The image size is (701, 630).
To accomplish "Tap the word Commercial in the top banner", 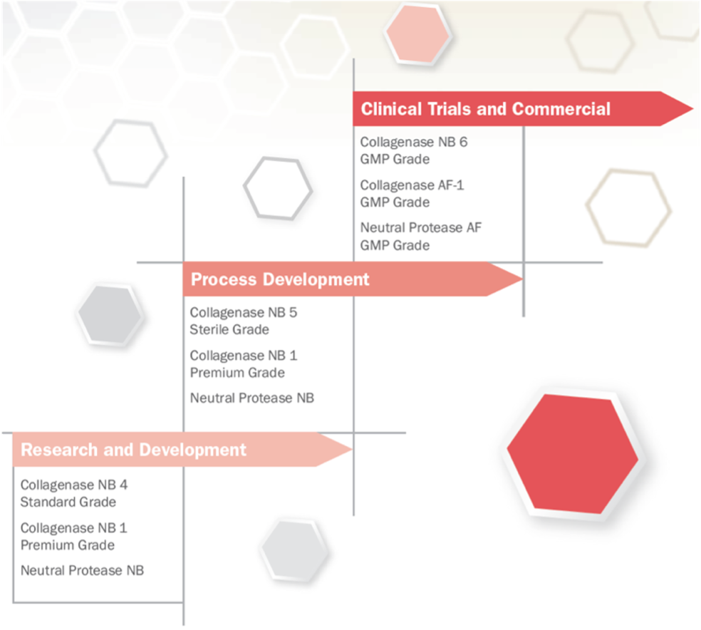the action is click(561, 108).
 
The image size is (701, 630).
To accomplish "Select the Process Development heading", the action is click(280, 279).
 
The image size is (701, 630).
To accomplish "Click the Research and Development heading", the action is click(133, 450).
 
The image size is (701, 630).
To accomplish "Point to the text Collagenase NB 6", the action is click(413, 143).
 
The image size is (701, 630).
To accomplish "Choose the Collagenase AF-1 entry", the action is click(412, 185).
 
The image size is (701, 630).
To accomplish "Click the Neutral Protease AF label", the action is click(421, 227).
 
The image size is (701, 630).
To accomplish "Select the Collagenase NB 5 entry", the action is click(243, 313).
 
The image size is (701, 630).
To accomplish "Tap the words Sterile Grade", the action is click(229, 329).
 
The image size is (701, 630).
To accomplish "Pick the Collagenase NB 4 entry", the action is click(74, 485).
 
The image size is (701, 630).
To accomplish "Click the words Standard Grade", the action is click(68, 502).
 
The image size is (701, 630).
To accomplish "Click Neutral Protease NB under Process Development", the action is click(251, 398).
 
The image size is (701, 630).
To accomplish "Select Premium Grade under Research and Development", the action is click(68, 545).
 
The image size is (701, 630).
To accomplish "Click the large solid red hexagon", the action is click(573, 454).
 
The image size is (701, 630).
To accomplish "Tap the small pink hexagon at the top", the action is click(417, 34).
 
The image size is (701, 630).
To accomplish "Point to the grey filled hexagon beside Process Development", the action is click(110, 315).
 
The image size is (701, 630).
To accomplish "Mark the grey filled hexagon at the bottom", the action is click(294, 549).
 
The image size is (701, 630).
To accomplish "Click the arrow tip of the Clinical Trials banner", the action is click(692, 108).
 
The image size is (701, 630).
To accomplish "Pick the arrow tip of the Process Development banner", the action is click(522, 279).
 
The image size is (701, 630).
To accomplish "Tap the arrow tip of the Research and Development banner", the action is click(352, 450).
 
